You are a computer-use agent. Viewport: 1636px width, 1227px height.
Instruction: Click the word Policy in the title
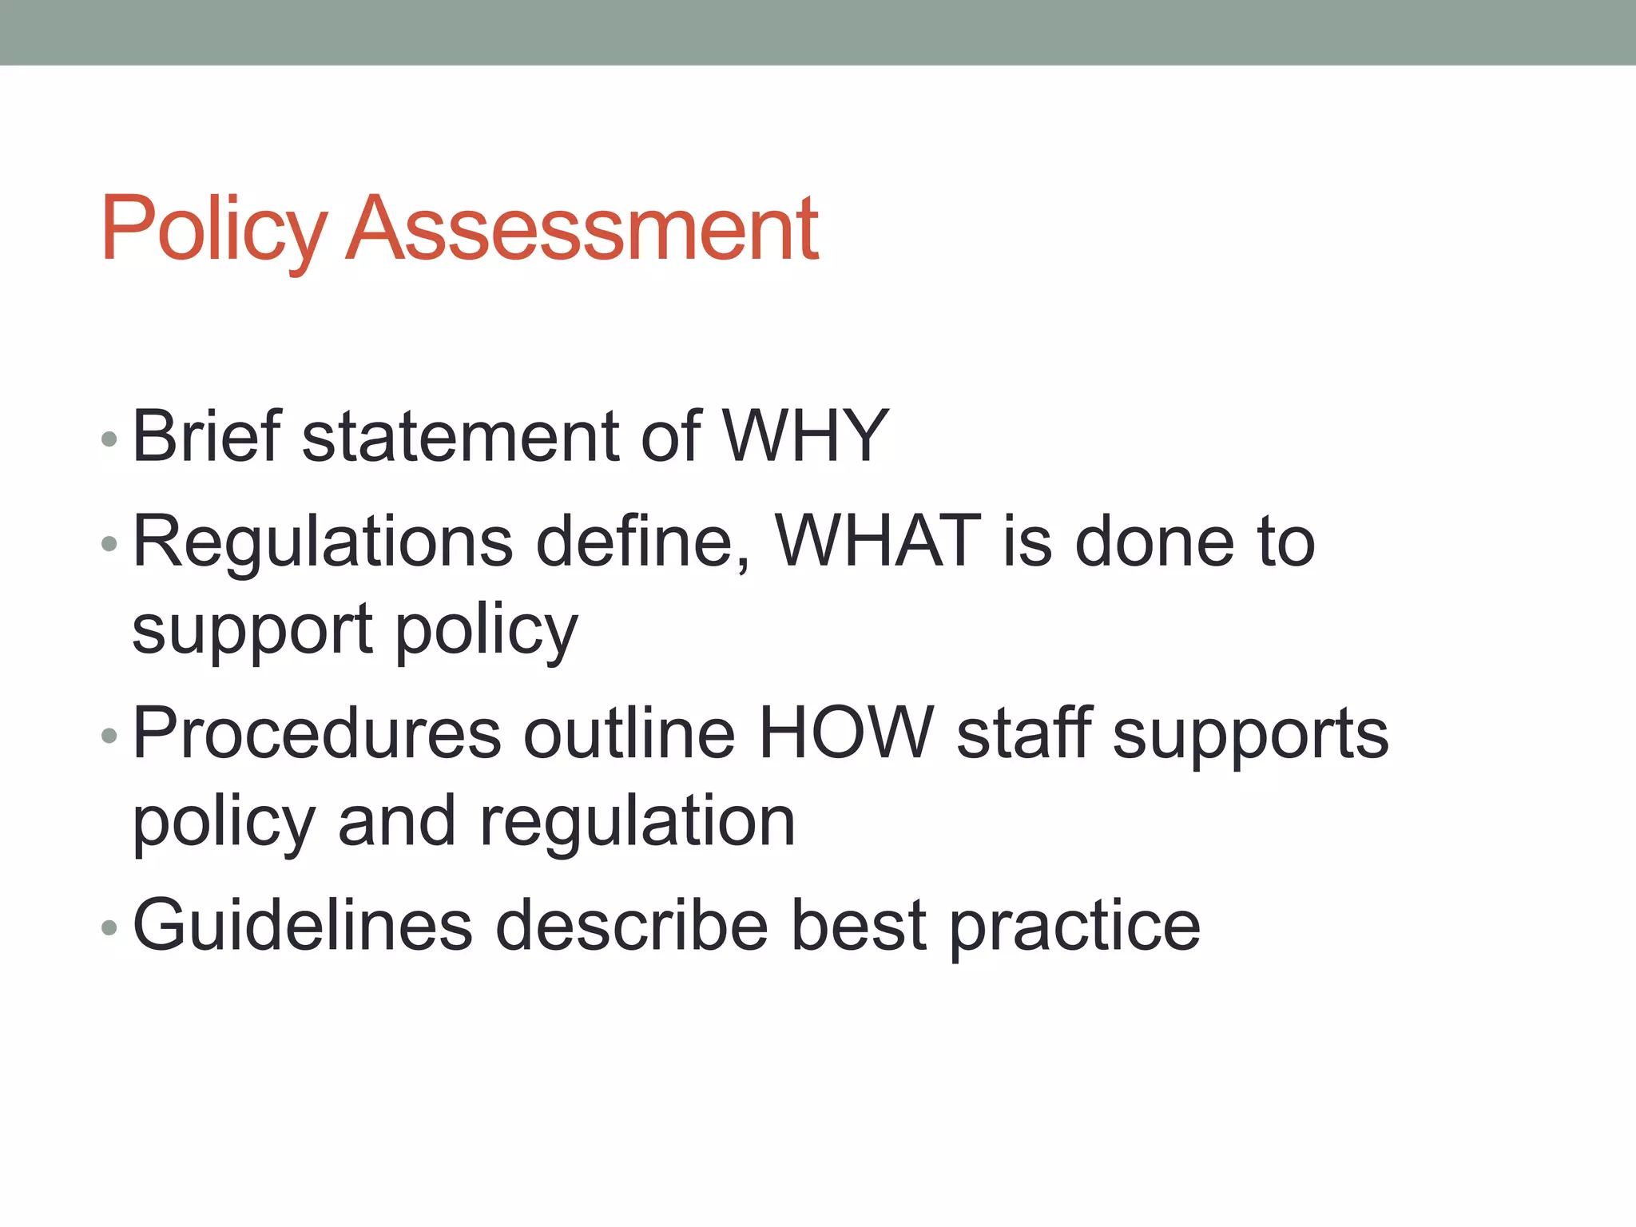[213, 231]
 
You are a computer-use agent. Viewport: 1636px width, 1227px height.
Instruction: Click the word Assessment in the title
[583, 229]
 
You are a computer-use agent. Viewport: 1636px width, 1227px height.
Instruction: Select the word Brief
[207, 436]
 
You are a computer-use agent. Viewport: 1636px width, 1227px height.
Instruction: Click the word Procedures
[317, 734]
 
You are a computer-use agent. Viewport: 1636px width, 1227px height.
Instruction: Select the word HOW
[845, 733]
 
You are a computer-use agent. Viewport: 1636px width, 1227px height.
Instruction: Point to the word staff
[1025, 733]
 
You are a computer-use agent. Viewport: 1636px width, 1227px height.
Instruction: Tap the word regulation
[637, 824]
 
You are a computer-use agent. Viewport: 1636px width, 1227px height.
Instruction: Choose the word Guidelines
[303, 925]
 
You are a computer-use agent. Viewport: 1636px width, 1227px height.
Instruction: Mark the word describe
[631, 925]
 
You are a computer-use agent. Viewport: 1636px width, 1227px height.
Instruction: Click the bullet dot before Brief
[109, 439]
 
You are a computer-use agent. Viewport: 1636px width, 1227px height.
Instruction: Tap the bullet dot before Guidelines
[109, 927]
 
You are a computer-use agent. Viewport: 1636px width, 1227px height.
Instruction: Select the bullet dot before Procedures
[109, 736]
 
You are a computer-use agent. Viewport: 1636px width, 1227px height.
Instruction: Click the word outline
[629, 733]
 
